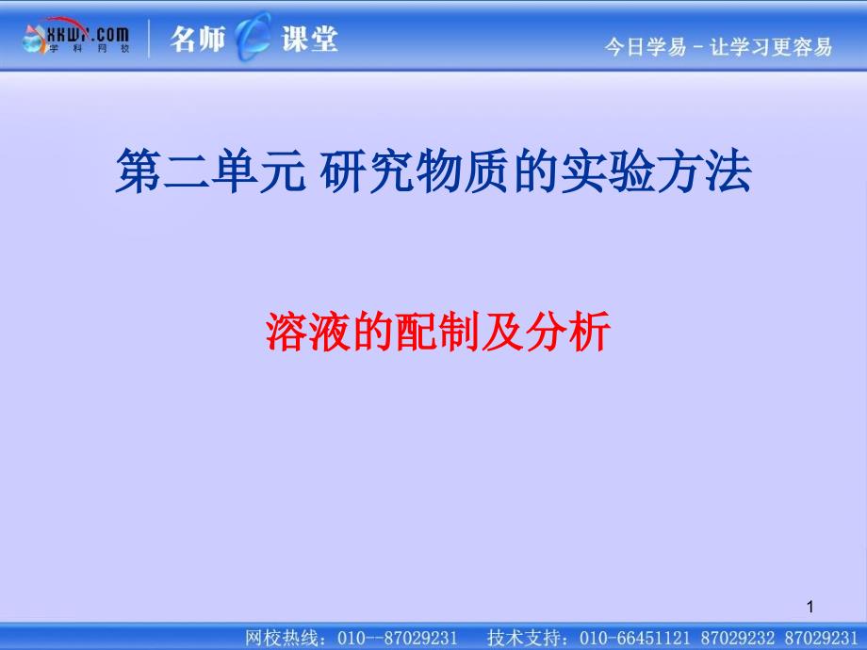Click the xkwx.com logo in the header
pos(76,37)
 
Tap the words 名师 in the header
pos(198,39)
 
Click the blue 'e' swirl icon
pos(253,37)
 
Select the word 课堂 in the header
pos(310,39)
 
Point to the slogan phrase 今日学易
pos(646,47)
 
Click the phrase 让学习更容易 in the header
pos(771,47)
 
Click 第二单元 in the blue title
pos(211,171)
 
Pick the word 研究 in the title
pos(368,171)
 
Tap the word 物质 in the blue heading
pos(464,171)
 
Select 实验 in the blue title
pos(608,171)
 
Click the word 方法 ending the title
pos(704,171)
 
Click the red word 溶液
pos(308,331)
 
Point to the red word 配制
pos(437,331)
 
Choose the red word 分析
pos(568,331)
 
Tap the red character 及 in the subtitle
pos(502,331)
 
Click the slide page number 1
pos(810,607)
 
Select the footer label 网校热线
pos(282,638)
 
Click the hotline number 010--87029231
pos(397,638)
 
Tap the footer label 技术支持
pos(524,638)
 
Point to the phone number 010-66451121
pos(635,638)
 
